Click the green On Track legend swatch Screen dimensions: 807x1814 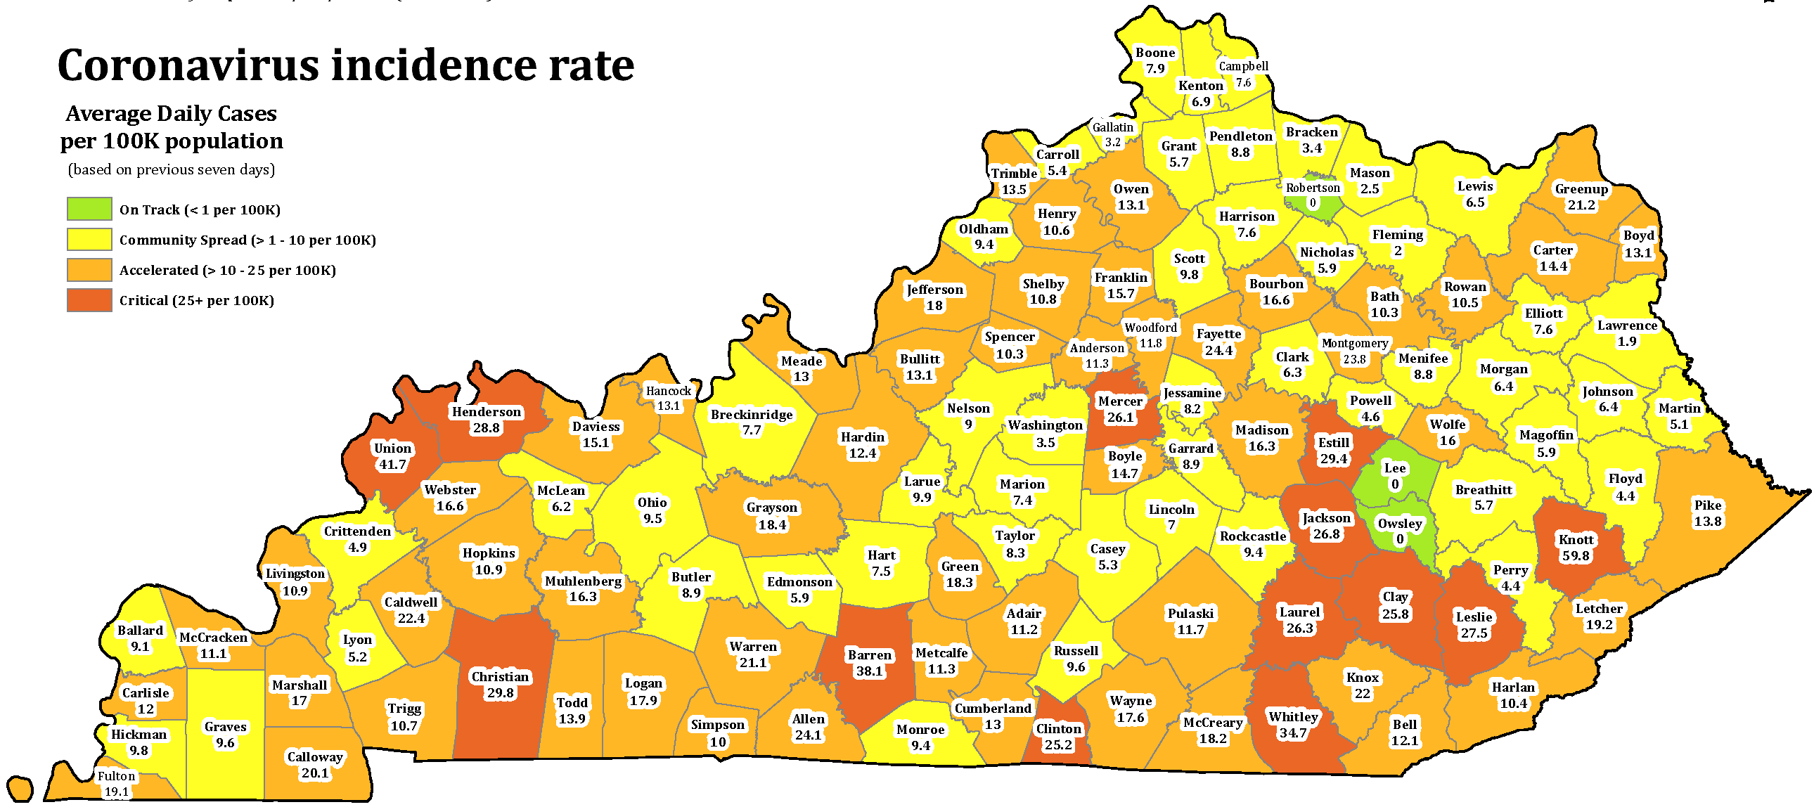pyautogui.click(x=89, y=209)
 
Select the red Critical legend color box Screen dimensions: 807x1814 pyautogui.click(x=89, y=300)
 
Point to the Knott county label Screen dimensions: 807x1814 pyautogui.click(x=1576, y=540)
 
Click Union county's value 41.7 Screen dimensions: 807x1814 pyautogui.click(x=392, y=465)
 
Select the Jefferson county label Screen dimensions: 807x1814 pyautogui.click(x=934, y=290)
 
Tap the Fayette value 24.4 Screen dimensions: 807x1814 pyautogui.click(x=1218, y=351)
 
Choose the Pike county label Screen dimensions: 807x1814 pyautogui.click(x=1708, y=505)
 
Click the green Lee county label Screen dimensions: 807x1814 pyautogui.click(x=1395, y=468)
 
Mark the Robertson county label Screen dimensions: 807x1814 pyautogui.click(x=1313, y=188)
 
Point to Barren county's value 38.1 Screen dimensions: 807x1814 pyautogui.click(x=869, y=672)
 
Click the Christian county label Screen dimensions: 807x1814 pyautogui.click(x=500, y=677)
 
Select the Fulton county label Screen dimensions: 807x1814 pyautogui.click(x=116, y=776)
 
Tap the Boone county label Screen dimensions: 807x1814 pyautogui.click(x=1155, y=53)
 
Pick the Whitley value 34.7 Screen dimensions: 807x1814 pyautogui.click(x=1293, y=733)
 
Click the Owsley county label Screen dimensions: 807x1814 pyautogui.click(x=1400, y=523)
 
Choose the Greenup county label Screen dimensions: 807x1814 pyautogui.click(x=1581, y=188)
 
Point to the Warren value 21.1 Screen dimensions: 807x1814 pyautogui.click(x=753, y=664)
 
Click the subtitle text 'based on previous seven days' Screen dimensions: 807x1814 pyautogui.click(x=171, y=169)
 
